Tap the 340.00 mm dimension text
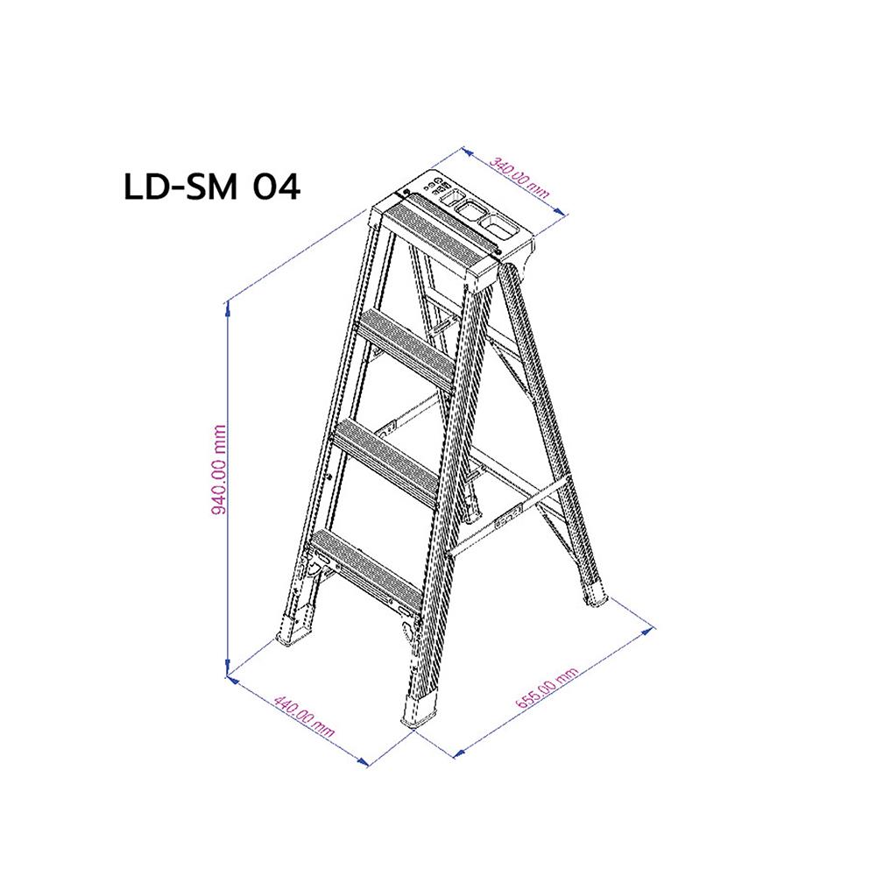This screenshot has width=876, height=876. (x=520, y=180)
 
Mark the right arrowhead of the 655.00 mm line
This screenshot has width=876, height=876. (x=653, y=627)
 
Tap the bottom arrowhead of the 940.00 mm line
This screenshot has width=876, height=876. (x=228, y=673)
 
